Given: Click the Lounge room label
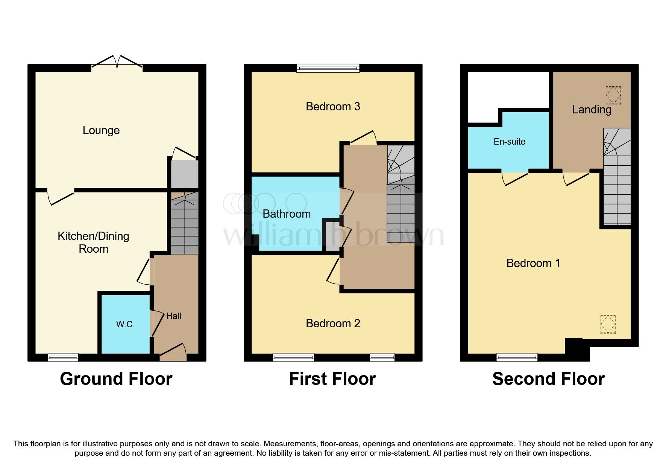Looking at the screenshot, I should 101,130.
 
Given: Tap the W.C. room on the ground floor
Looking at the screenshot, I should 125,324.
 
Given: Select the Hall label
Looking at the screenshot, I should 174,316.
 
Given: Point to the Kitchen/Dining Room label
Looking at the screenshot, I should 93,242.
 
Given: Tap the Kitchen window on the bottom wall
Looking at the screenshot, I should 63,357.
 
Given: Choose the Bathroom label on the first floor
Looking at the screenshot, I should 287,214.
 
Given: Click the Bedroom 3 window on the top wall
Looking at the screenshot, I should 328,68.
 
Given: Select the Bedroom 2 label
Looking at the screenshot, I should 333,323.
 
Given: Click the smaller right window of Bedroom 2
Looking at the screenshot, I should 382,357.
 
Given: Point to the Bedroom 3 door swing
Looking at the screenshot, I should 364,137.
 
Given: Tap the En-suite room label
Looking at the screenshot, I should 509,142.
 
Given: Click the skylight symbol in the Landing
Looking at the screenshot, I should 613,95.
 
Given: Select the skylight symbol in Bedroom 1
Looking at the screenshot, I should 608,324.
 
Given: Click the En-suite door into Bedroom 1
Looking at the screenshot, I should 515,177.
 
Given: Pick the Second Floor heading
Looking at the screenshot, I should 548,379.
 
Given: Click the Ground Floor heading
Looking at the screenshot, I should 116,379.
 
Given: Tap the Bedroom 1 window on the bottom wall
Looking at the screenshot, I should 517,357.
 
